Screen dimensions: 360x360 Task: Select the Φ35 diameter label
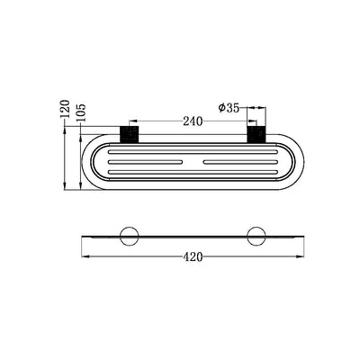pyautogui.click(x=229, y=108)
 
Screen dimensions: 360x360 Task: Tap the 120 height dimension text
pyautogui.click(x=64, y=110)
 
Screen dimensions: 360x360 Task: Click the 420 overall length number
pyautogui.click(x=191, y=256)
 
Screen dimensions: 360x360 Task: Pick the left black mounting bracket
pyautogui.click(x=128, y=134)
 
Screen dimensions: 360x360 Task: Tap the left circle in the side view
pyautogui.click(x=128, y=237)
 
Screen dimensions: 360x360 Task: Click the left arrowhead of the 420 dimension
pyautogui.click(x=85, y=256)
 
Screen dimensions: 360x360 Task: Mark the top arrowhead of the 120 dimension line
pyautogui.click(x=65, y=129)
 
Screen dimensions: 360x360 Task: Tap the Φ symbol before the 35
pyautogui.click(x=221, y=108)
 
